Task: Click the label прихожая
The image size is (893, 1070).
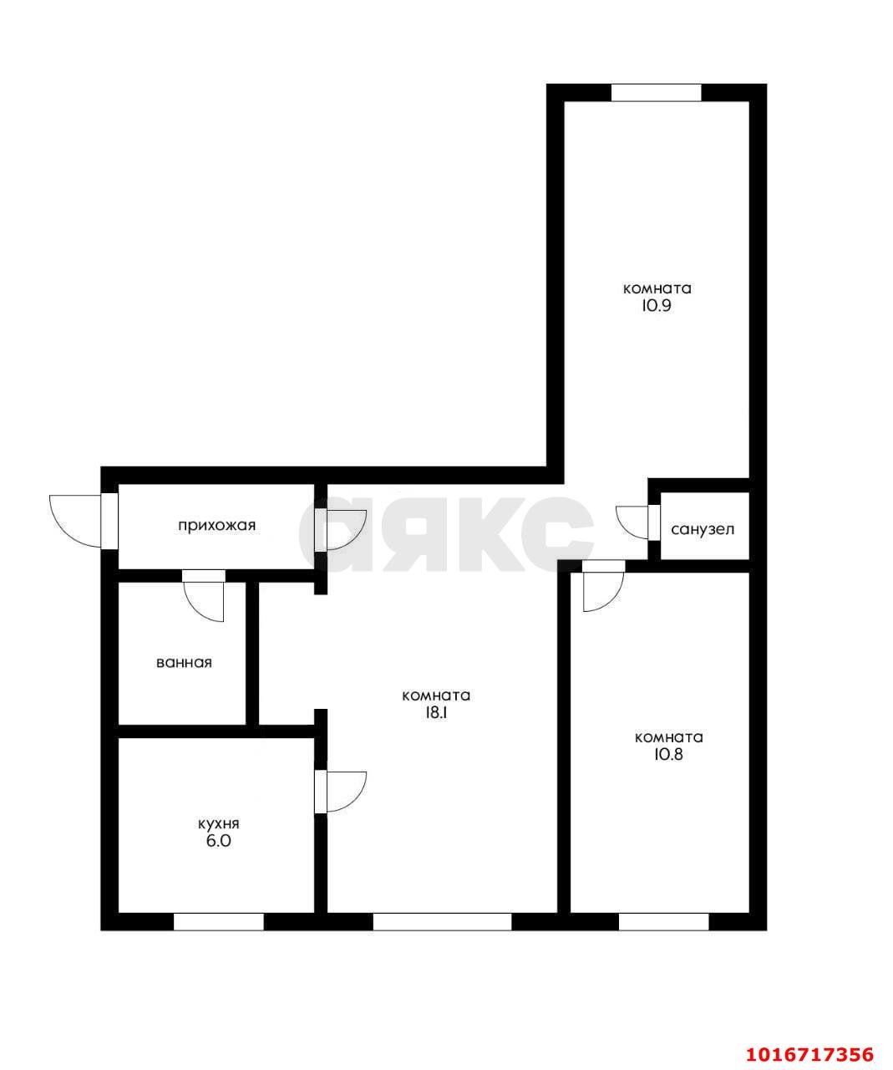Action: tap(216, 525)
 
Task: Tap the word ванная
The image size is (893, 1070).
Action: tap(184, 663)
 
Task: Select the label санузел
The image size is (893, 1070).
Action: tap(703, 529)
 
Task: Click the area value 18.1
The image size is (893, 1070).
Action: tap(436, 713)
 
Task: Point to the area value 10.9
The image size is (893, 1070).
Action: tap(655, 306)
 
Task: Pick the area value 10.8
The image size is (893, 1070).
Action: tap(668, 754)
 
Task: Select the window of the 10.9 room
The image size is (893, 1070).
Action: tap(656, 92)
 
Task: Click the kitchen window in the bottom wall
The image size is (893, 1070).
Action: tap(219, 921)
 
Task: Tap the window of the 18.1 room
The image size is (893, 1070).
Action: tap(443, 921)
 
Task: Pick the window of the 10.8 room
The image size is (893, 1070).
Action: tap(663, 921)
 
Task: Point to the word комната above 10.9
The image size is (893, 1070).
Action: tap(657, 288)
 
